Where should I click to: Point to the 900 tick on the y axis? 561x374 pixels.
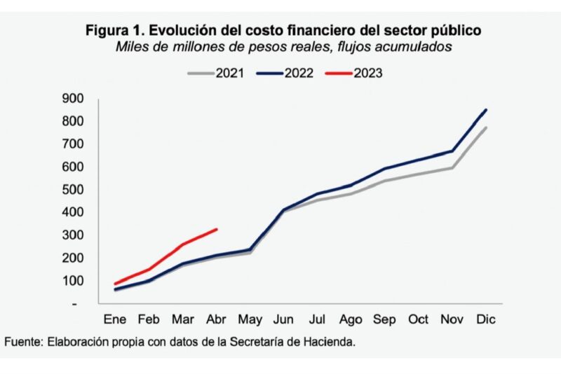coord(73,99)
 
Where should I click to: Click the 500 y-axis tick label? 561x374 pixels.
coord(73,190)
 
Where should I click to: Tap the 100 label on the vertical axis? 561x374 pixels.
coord(73,281)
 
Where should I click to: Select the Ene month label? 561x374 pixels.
coord(114,319)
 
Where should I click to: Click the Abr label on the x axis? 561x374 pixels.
coord(217,319)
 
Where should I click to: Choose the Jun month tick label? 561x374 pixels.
coord(284,319)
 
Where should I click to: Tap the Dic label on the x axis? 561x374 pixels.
coord(486,319)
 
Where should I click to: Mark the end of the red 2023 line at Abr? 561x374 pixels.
coord(217,229)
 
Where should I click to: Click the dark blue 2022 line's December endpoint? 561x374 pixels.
coord(486,110)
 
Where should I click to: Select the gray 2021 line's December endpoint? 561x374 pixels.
coord(486,127)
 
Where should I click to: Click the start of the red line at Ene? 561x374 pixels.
coord(114,284)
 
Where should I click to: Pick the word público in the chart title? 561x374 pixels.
coord(456,32)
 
